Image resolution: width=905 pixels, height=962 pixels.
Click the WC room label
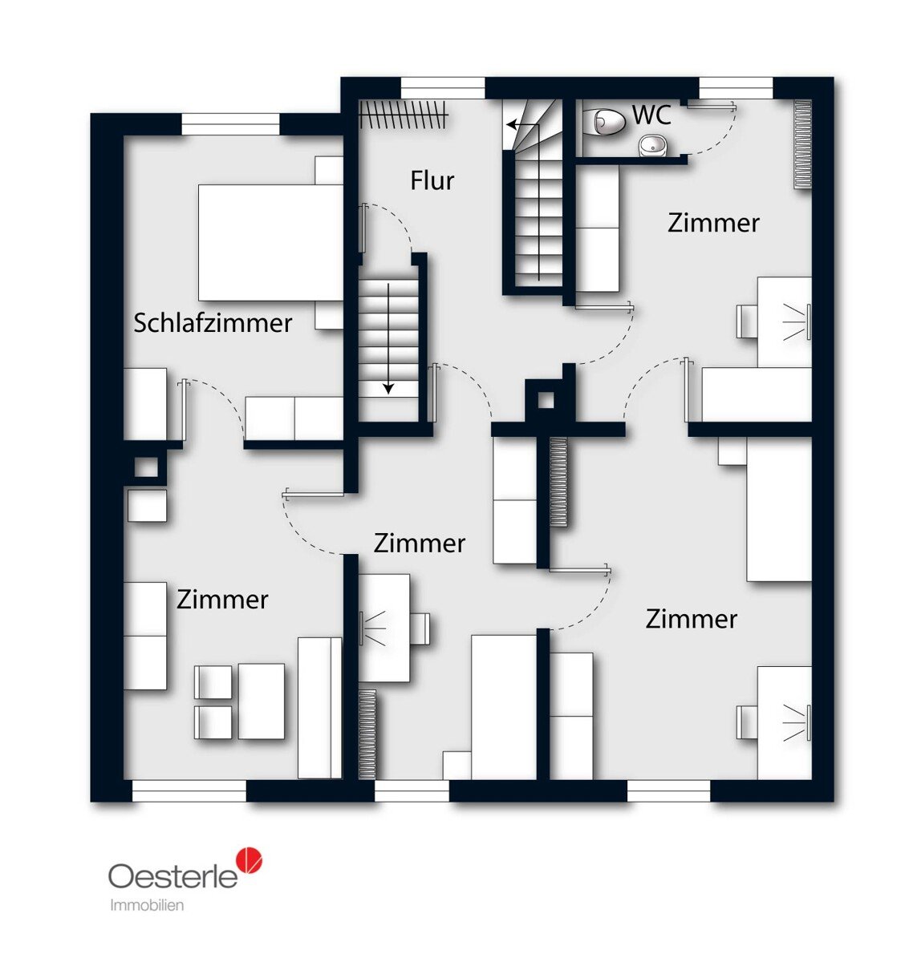[x=651, y=115]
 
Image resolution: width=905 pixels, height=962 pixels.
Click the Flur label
[x=432, y=180]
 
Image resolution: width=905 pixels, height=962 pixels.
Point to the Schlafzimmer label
[x=213, y=323]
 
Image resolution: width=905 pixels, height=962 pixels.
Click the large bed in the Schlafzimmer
[x=270, y=242]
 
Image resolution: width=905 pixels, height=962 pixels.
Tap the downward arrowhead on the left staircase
[x=388, y=388]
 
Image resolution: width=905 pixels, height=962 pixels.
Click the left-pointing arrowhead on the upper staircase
[x=511, y=125]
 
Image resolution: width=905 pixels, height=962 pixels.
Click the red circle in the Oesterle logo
[x=249, y=861]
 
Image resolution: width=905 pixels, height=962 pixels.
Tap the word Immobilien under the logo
[x=147, y=905]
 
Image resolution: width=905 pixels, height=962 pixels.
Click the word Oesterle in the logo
[x=173, y=875]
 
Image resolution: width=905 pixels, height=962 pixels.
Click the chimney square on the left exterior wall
[x=146, y=467]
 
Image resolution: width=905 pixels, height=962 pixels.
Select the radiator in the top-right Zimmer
[x=802, y=144]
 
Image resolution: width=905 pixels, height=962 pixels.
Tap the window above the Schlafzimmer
[x=231, y=124]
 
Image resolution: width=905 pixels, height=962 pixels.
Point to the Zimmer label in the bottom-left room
[x=222, y=600]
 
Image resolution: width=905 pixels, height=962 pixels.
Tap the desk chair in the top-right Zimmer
[x=747, y=320]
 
